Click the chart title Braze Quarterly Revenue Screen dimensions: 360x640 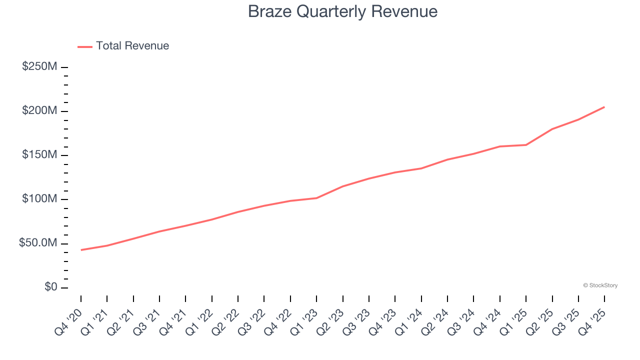pos(342,11)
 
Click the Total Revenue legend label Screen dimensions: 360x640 pos(132,46)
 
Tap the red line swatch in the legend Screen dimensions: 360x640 pos(85,46)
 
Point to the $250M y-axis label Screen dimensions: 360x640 pos(39,66)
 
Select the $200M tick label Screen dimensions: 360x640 pos(39,110)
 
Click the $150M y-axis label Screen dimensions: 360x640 pos(39,155)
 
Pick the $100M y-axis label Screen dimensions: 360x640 pos(39,199)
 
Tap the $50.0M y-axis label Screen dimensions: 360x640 pos(38,243)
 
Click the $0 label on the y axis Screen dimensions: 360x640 pos(51,287)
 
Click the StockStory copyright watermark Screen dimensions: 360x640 pos(600,285)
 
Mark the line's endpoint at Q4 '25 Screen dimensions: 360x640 pos(604,107)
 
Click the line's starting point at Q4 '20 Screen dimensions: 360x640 pos(81,250)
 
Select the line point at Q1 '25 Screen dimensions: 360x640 pos(526,145)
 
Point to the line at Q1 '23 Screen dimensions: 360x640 pos(316,198)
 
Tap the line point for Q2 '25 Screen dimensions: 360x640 pos(552,129)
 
